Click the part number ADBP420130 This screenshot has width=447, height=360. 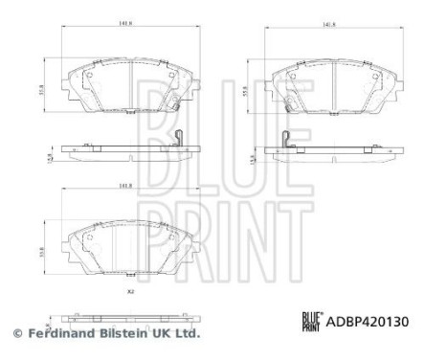pyautogui.click(x=369, y=324)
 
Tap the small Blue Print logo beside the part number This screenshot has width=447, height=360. pyautogui.click(x=311, y=324)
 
